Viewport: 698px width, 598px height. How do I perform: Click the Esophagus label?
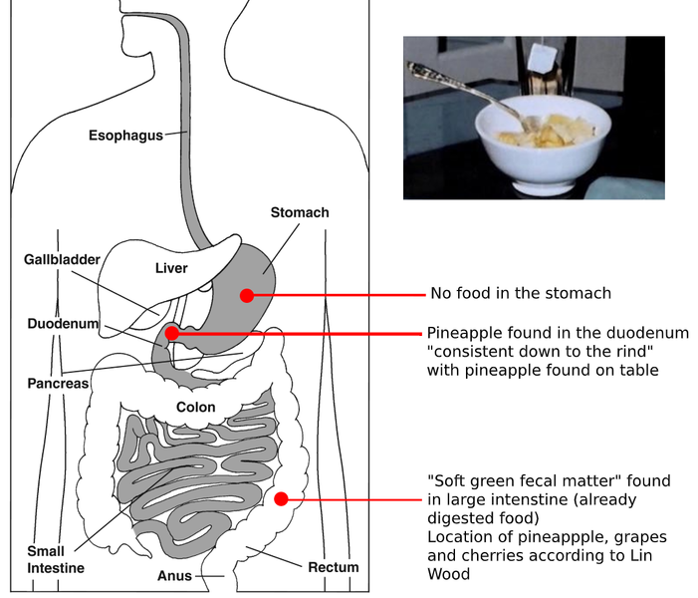125,136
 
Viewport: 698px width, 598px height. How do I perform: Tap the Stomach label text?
299,212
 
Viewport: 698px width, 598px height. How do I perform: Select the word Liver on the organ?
171,268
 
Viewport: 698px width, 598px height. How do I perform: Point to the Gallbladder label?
62,259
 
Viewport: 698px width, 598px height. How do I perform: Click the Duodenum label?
63,324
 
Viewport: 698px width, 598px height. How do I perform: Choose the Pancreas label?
58,383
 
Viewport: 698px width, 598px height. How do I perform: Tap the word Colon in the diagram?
195,407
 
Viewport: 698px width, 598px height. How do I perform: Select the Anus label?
174,576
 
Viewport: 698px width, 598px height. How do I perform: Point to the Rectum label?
333,567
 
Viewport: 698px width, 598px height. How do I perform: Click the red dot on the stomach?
246,295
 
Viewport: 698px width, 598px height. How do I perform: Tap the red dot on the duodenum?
171,333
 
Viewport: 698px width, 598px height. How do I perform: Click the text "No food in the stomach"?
520,293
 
